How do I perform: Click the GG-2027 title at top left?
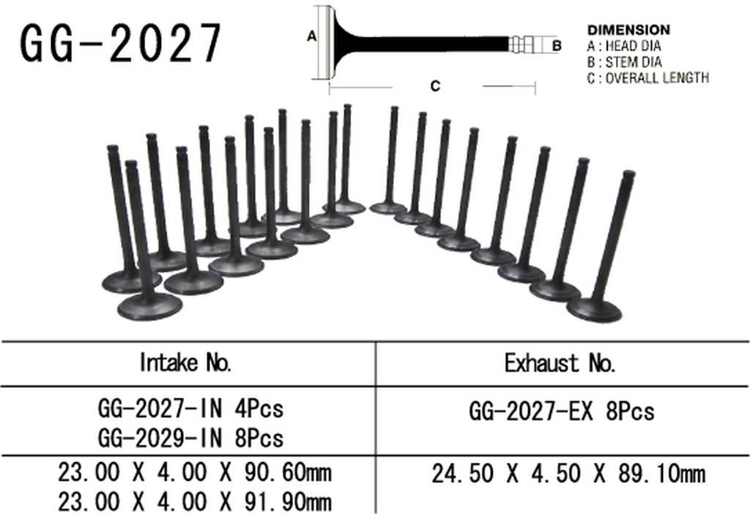coord(121,43)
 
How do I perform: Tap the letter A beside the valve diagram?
coord(311,35)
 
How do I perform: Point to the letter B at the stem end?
coord(556,45)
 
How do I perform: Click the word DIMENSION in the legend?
coord(628,30)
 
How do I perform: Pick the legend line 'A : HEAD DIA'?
coord(625,46)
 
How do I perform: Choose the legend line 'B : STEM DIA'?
coord(624,62)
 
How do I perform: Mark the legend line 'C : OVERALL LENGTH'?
coord(648,78)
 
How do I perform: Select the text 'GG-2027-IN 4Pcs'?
coord(190,408)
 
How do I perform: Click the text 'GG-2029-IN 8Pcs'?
coord(190,438)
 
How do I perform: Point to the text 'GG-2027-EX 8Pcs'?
coord(561,411)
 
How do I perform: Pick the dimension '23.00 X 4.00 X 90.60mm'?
coord(194,472)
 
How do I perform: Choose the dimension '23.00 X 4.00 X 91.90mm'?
coord(194,502)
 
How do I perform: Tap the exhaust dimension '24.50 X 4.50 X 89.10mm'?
coord(568,474)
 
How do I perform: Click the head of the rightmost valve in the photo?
coord(594,310)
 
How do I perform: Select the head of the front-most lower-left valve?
coord(149,306)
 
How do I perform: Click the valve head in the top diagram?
coord(327,42)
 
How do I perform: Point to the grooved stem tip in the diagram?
coord(525,45)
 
